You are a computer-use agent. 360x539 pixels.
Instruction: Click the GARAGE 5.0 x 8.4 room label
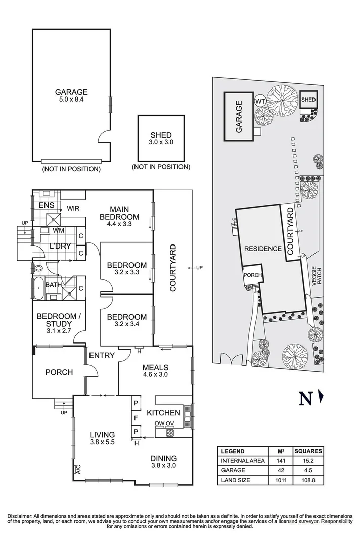(x=71, y=96)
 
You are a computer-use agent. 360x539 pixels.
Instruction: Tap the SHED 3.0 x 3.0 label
(x=161, y=139)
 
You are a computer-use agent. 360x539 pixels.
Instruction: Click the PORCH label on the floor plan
(x=59, y=372)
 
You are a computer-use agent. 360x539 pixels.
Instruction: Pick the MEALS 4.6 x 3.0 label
(x=155, y=371)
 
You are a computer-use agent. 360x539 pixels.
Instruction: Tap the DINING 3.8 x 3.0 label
(x=163, y=462)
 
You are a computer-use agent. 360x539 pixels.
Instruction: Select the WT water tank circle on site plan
(x=261, y=101)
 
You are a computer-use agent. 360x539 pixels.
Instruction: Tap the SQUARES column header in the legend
(x=307, y=451)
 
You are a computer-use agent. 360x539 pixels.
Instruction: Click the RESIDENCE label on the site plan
(x=262, y=249)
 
